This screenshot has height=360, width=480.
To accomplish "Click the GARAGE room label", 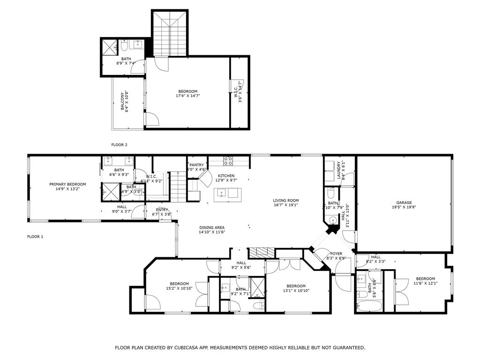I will [x=404, y=202].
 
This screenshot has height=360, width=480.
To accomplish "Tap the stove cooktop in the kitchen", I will [x=228, y=161].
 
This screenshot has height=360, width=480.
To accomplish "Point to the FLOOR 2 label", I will [x=119, y=145].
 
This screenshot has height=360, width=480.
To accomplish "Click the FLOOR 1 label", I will [x=35, y=237].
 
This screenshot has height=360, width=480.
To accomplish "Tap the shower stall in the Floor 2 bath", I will [x=110, y=47].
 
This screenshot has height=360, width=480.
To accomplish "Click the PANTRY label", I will [x=196, y=165].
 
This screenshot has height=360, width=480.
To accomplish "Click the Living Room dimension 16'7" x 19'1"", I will [x=286, y=205].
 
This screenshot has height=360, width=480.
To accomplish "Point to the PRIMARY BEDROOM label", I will [x=67, y=184].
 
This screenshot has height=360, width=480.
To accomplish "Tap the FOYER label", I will [x=336, y=254].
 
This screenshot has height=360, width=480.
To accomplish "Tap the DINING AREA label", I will [x=212, y=227].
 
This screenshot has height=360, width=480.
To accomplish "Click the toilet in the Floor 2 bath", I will [x=124, y=46].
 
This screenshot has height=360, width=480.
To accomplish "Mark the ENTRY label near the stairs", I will [x=162, y=210].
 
